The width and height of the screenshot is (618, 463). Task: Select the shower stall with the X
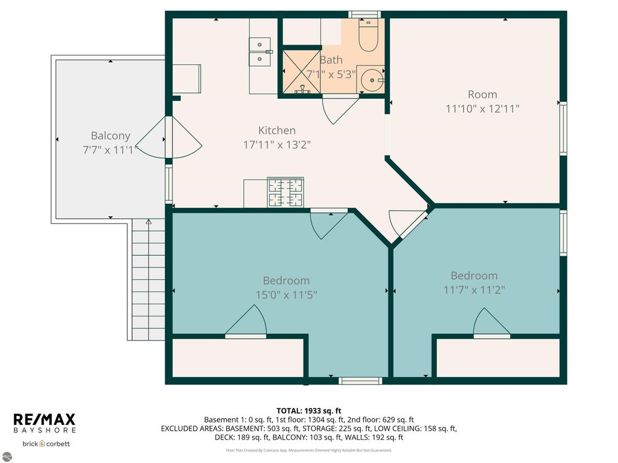[x=301, y=71]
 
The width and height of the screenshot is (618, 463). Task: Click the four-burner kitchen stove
[x=285, y=192]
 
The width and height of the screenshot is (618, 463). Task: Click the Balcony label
[x=110, y=136]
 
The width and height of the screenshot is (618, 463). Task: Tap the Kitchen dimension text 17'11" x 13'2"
[x=277, y=145]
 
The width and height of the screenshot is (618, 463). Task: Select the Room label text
[x=482, y=95]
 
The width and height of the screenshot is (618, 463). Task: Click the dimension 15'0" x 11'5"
[x=286, y=295]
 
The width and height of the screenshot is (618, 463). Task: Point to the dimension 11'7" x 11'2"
[x=474, y=289]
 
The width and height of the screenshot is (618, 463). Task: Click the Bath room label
[x=331, y=60]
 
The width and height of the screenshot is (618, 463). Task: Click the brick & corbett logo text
[x=46, y=444]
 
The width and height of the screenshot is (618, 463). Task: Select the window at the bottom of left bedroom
[x=360, y=380]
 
